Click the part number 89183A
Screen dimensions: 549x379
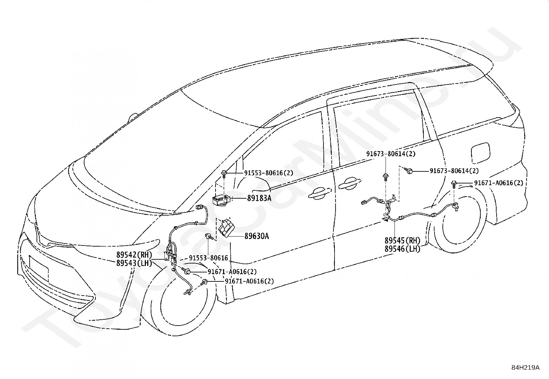coord(259,198)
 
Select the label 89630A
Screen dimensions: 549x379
coord(257,236)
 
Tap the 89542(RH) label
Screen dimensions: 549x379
coord(134,255)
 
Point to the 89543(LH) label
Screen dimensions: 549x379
coord(134,263)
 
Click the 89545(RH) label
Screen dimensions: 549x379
coord(402,240)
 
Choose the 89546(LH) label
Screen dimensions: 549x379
coord(402,249)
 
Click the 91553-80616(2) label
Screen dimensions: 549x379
coord(269,173)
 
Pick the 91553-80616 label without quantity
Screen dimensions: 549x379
coord(208,258)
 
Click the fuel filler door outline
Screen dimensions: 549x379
coord(480,153)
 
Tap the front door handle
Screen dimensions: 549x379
coord(320,193)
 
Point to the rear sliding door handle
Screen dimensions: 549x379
coord(349,183)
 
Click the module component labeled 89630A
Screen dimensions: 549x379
coord(226,228)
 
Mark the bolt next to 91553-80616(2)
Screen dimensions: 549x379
coord(223,175)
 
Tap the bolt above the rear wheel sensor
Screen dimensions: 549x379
coord(454,184)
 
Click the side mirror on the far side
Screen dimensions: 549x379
coord(133,117)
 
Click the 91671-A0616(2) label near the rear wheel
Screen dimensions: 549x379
coord(499,183)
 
